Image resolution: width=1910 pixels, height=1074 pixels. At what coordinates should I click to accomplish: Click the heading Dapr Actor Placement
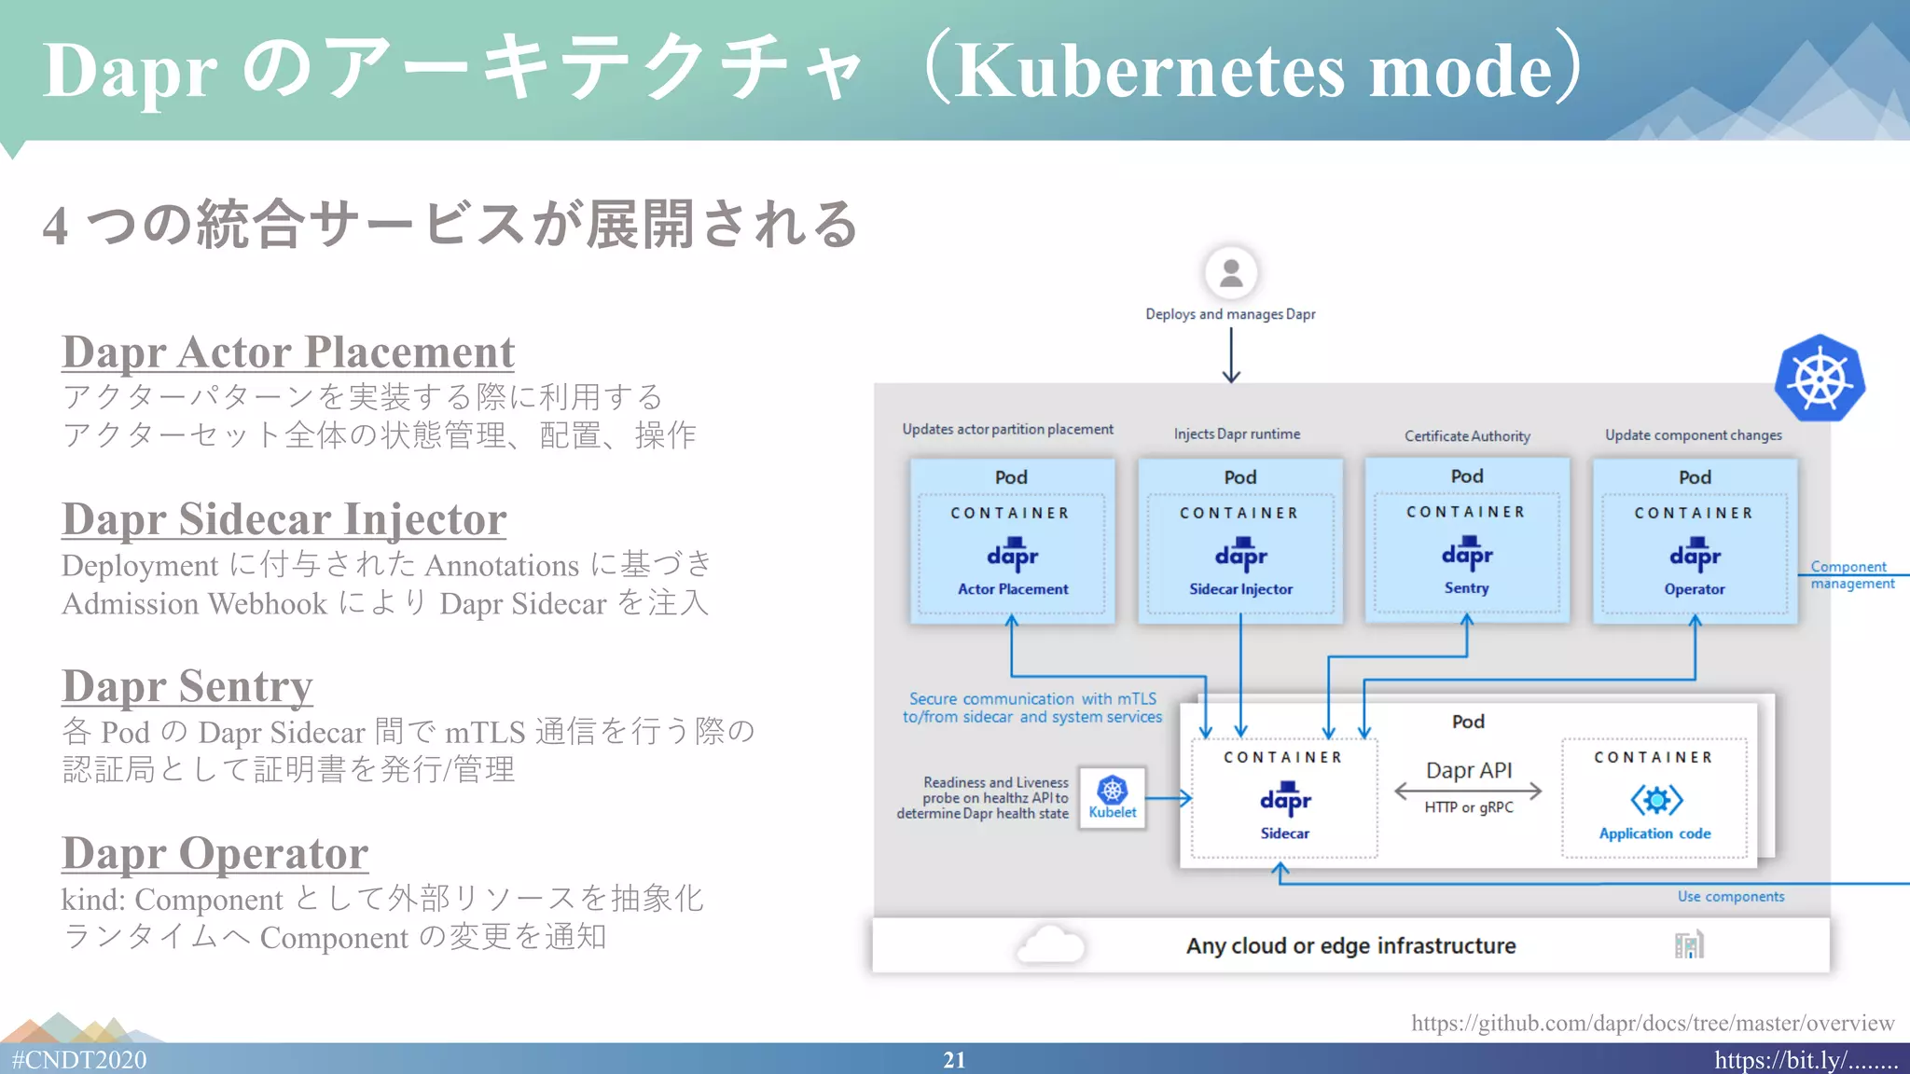(x=287, y=353)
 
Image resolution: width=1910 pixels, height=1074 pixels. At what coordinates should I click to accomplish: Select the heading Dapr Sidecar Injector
(x=284, y=520)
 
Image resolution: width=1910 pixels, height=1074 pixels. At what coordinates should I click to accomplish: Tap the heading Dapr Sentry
(x=187, y=687)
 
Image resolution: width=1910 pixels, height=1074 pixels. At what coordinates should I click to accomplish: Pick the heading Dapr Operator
(x=215, y=854)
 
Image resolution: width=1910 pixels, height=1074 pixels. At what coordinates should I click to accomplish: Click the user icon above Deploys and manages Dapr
(x=1230, y=273)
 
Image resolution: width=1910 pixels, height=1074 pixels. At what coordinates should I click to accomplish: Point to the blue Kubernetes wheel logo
(x=1819, y=379)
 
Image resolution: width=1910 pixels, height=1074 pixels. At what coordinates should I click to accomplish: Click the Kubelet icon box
(x=1112, y=797)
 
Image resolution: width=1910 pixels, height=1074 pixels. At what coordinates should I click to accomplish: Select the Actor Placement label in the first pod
(x=1013, y=589)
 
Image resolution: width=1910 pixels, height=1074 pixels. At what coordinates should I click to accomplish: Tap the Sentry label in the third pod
(x=1466, y=588)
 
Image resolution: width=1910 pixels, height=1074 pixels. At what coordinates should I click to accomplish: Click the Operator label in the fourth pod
(x=1695, y=589)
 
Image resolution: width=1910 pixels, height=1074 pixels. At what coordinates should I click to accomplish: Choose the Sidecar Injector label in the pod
(x=1240, y=589)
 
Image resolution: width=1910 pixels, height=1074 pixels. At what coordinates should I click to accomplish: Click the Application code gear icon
(x=1656, y=800)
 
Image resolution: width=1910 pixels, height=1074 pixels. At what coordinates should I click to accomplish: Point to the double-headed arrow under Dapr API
(x=1468, y=792)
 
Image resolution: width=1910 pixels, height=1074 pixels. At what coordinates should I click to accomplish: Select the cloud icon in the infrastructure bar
(x=1051, y=944)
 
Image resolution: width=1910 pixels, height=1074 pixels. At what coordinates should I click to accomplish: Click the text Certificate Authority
(x=1467, y=436)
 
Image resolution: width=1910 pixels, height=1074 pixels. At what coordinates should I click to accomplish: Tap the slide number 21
(x=954, y=1060)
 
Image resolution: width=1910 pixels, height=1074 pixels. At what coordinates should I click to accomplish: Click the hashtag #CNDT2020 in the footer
(x=79, y=1060)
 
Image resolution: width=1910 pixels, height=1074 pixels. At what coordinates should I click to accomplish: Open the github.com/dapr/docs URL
(x=1652, y=1024)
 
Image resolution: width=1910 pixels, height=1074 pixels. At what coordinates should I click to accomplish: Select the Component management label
(x=1851, y=575)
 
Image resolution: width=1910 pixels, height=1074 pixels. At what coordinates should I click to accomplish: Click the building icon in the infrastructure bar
(x=1689, y=945)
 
